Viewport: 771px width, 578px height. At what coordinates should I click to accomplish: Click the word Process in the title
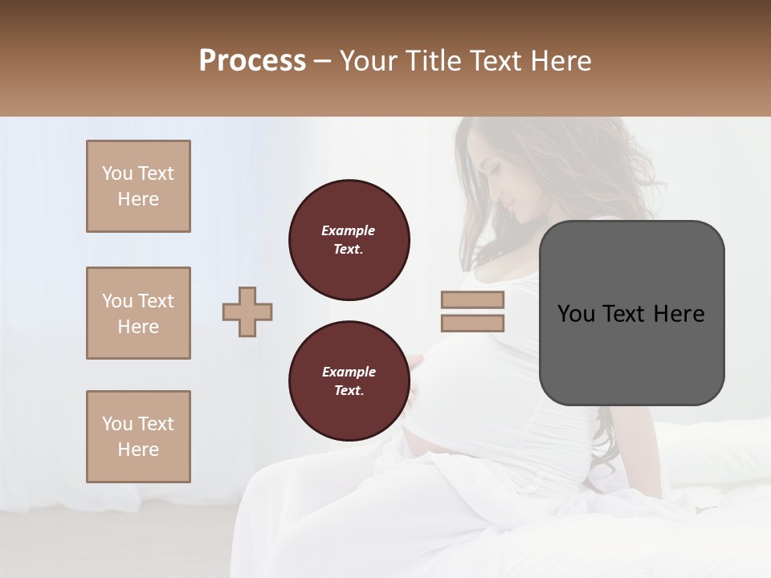[x=252, y=61]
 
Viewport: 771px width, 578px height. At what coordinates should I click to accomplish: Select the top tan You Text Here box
[x=138, y=186]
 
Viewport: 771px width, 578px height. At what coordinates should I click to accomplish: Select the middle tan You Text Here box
[x=138, y=313]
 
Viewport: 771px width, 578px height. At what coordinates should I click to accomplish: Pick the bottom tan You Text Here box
[x=138, y=437]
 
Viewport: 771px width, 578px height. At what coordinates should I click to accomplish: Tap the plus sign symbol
[x=247, y=311]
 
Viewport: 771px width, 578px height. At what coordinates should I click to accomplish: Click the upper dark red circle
[x=349, y=240]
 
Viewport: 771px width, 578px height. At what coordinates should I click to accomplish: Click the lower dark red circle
[x=349, y=381]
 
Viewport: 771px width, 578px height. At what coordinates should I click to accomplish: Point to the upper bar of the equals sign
[x=472, y=300]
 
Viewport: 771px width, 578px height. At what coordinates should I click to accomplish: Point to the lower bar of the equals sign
[x=472, y=324]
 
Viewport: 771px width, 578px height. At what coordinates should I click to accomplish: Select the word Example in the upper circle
[x=349, y=230]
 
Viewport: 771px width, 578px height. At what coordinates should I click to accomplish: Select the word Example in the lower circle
[x=349, y=372]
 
